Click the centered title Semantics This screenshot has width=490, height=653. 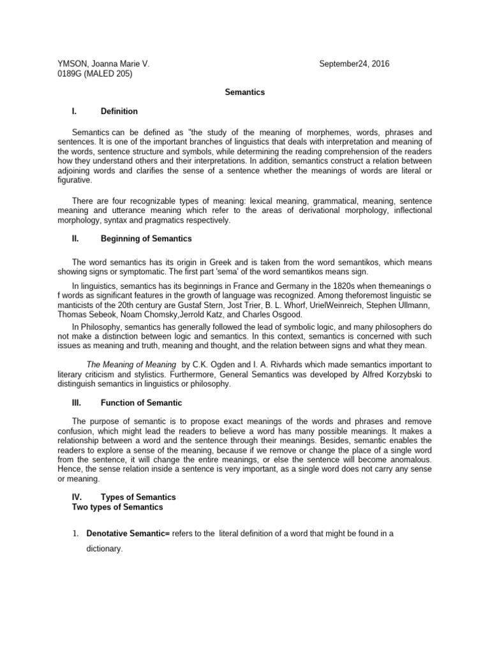244,92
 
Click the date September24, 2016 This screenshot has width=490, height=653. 354,64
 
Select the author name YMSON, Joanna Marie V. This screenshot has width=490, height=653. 103,64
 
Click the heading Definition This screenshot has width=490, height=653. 119,112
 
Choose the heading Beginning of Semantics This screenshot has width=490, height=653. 146,239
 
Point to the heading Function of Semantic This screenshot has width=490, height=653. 141,403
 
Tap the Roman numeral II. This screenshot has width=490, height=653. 75,239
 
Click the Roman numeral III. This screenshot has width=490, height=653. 77,403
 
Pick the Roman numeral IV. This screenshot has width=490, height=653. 77,497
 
